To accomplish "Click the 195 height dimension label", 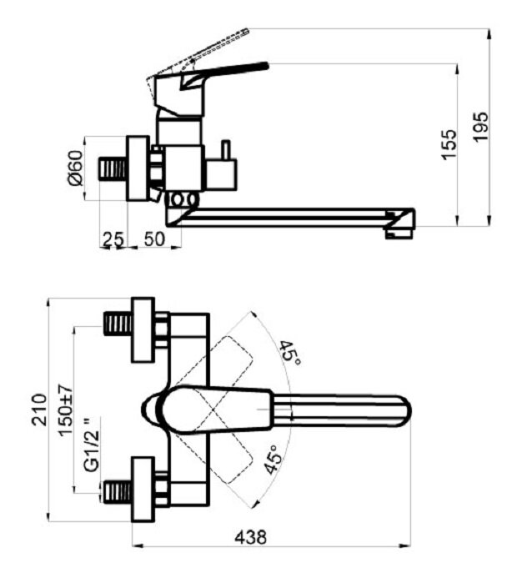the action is coord(480,127).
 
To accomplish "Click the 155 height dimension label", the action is coord(449,144).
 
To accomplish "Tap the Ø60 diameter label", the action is coord(75,168).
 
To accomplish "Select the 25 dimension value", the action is coord(113,239).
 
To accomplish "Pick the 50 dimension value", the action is coord(154,239).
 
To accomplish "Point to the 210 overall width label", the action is coord(39,410).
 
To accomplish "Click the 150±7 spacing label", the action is coord(66,410).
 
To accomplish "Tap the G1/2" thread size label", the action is coord(92,445).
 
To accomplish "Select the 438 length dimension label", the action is coord(250,537).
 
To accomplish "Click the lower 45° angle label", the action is coord(273,460).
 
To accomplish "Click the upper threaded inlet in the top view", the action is coord(118,324).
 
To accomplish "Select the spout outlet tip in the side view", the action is coord(399,234).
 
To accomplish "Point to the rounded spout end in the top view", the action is coord(404,410).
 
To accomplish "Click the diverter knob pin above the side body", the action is coord(226,150).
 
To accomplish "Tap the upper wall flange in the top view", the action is coord(143,329).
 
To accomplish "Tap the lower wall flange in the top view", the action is coord(143,490).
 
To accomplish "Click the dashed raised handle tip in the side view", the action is coord(244,31).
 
